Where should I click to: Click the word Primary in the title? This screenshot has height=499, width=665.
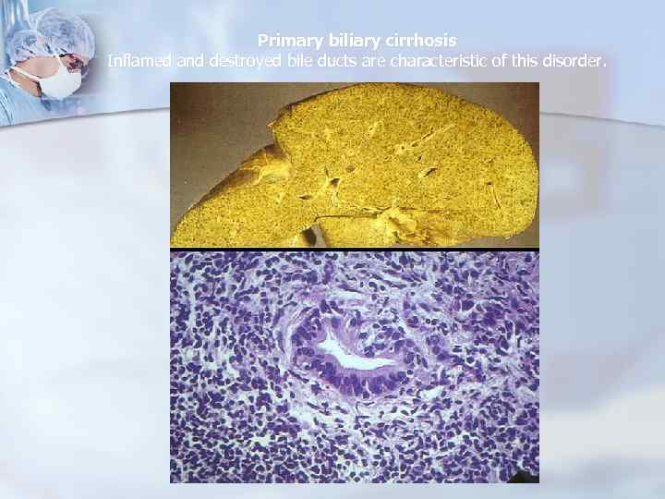tap(286, 41)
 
